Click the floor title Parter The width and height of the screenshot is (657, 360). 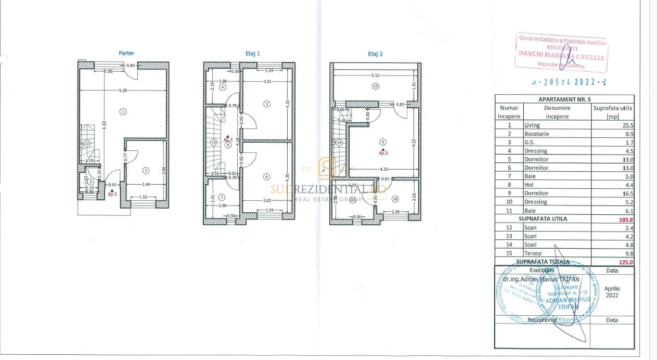coord(126,53)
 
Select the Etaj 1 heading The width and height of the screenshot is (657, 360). coord(252,53)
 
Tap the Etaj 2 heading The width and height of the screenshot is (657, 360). coord(375,54)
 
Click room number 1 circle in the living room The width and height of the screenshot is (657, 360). coord(123,111)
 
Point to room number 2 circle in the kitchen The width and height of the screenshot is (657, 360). coord(146,170)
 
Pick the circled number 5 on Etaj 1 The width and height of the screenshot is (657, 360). coord(267,104)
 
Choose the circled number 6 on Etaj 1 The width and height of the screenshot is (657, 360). coord(267,177)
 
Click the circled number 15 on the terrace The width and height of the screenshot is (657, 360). coord(375,87)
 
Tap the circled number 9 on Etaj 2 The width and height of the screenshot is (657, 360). coord(383,142)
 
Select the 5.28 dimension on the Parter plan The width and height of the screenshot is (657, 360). coord(123,91)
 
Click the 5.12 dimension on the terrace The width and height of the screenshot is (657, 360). coord(375,75)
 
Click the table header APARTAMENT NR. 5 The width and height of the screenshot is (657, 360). coord(564,99)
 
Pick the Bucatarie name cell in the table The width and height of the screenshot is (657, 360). coord(536,134)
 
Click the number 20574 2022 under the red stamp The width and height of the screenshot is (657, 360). coord(570,82)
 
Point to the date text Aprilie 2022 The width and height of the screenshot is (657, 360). coord(612,291)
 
